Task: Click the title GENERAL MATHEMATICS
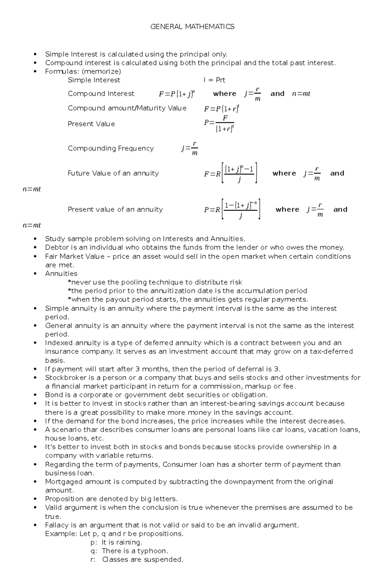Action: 192,27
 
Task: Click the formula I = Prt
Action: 214,80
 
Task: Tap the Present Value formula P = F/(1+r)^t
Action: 219,124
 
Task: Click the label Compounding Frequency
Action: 111,148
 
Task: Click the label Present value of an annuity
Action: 115,210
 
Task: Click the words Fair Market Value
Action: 75,256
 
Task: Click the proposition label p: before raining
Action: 94,542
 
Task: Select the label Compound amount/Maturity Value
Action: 127,108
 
